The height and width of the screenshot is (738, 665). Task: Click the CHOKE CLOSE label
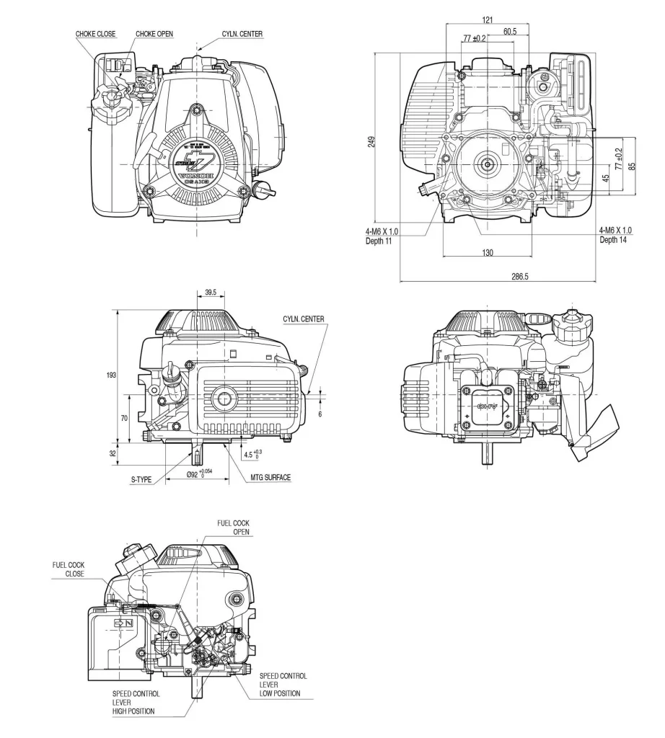coord(95,34)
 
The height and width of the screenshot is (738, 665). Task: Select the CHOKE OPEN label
coord(154,34)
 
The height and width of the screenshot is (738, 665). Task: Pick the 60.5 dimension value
coord(509,31)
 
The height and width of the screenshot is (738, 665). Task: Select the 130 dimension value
coord(488,252)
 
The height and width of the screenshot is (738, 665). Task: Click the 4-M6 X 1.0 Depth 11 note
coord(382,235)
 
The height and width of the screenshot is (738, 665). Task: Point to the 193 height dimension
coord(110,375)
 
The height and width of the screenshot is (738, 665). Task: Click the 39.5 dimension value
coord(211,293)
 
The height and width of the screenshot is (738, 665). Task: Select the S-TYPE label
coord(142,478)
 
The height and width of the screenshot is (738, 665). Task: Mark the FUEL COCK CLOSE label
coord(68,569)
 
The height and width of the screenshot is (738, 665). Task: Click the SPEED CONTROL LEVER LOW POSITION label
coord(283,685)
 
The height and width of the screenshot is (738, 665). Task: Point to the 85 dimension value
coord(632,165)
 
